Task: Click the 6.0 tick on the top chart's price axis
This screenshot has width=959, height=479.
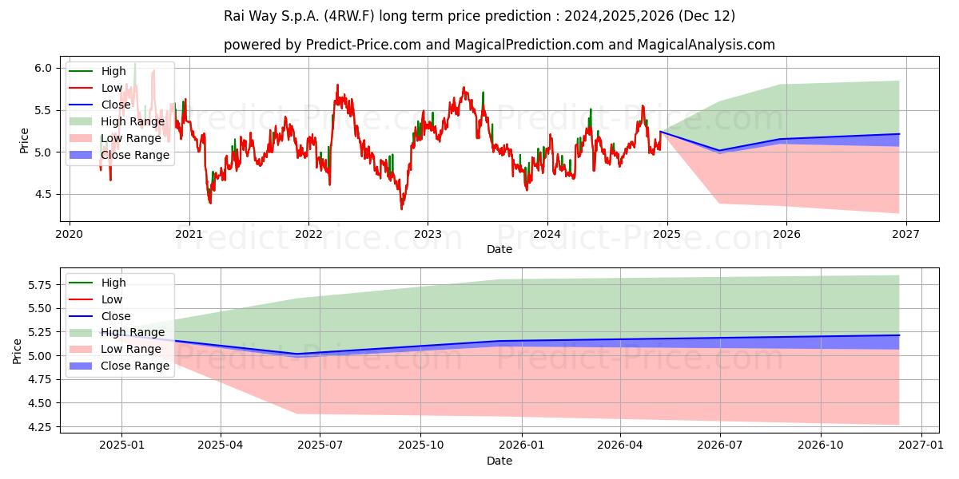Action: point(43,69)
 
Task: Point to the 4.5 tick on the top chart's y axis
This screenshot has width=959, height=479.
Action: point(43,195)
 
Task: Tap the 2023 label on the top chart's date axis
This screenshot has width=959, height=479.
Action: point(428,235)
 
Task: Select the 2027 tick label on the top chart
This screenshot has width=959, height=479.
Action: point(906,235)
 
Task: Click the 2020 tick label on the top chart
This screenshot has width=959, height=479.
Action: point(70,235)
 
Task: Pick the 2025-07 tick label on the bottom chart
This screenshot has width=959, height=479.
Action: point(320,445)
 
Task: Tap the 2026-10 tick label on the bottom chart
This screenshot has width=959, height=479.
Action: point(820,445)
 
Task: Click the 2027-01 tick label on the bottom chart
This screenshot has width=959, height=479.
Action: point(921,445)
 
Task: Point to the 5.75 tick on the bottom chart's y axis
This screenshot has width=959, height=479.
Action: point(40,285)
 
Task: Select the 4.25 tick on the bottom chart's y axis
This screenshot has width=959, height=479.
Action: point(40,427)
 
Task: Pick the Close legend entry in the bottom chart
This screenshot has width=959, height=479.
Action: point(100,316)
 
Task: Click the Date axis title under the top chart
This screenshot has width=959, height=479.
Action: point(499,249)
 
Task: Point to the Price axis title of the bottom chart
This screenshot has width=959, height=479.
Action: point(17,351)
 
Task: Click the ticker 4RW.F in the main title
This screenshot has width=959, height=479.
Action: point(349,16)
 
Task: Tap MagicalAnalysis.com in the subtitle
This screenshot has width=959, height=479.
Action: point(706,45)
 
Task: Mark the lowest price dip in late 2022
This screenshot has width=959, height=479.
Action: point(401,208)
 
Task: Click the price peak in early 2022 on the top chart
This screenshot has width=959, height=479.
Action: point(337,85)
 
